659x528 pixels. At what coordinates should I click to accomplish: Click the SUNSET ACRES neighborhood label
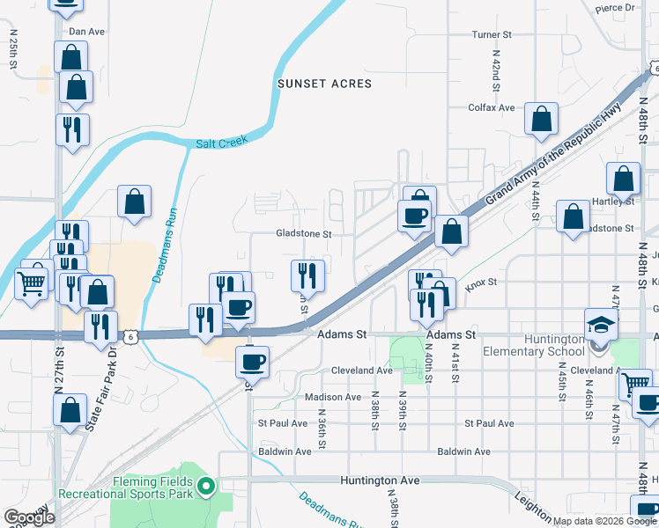pyautogui.click(x=324, y=84)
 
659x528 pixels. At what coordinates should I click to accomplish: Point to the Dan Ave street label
pyautogui.click(x=86, y=32)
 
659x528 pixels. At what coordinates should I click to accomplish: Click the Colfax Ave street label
pyautogui.click(x=492, y=107)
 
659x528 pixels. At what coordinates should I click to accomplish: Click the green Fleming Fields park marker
pyautogui.click(x=206, y=484)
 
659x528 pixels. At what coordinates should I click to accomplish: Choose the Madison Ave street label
pyautogui.click(x=333, y=397)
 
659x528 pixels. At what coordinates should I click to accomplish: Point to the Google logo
pyautogui.click(x=29, y=517)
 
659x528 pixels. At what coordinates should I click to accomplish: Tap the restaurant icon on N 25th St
pyautogui.click(x=71, y=128)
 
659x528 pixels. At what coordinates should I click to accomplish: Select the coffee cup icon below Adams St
pyautogui.click(x=252, y=361)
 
